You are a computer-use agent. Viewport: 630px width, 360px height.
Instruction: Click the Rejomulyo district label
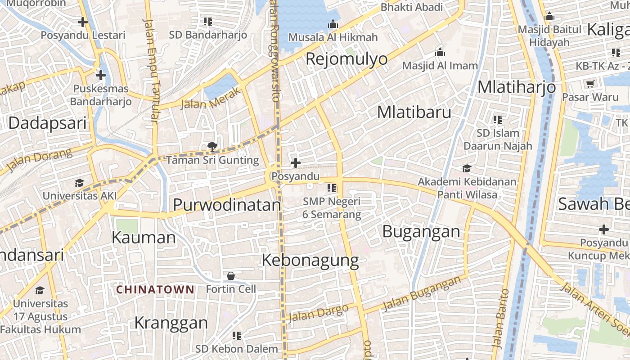[346, 59]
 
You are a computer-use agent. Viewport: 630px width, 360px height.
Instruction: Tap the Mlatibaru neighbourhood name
[414, 112]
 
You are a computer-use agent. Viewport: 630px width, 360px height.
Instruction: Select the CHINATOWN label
[155, 289]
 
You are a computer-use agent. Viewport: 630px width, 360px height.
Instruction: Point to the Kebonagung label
[310, 261]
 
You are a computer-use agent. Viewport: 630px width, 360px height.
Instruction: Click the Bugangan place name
[421, 232]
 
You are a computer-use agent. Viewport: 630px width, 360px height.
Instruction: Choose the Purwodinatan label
[227, 205]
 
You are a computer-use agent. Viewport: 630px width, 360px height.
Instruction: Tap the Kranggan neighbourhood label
[171, 323]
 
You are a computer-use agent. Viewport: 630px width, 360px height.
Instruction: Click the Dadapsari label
[47, 123]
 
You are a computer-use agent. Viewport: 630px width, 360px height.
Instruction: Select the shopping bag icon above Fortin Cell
[231, 275]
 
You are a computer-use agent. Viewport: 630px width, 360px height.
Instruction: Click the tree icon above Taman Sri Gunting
[212, 146]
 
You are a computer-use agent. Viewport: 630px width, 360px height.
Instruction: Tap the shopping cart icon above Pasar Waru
[590, 84]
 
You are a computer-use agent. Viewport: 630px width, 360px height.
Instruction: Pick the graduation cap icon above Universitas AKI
[80, 183]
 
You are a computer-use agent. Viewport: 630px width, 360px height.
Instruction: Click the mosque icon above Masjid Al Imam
[440, 53]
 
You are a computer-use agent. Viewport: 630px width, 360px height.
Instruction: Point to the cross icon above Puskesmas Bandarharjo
[101, 75]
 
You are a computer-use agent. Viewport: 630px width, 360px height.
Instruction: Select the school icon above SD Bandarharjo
[208, 22]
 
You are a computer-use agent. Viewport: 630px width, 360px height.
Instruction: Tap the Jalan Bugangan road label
[422, 293]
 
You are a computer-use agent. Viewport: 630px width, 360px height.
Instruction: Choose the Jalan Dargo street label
[318, 313]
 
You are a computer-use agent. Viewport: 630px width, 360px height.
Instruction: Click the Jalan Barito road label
[500, 318]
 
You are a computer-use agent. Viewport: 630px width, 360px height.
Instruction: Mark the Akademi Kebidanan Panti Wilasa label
[467, 188]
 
